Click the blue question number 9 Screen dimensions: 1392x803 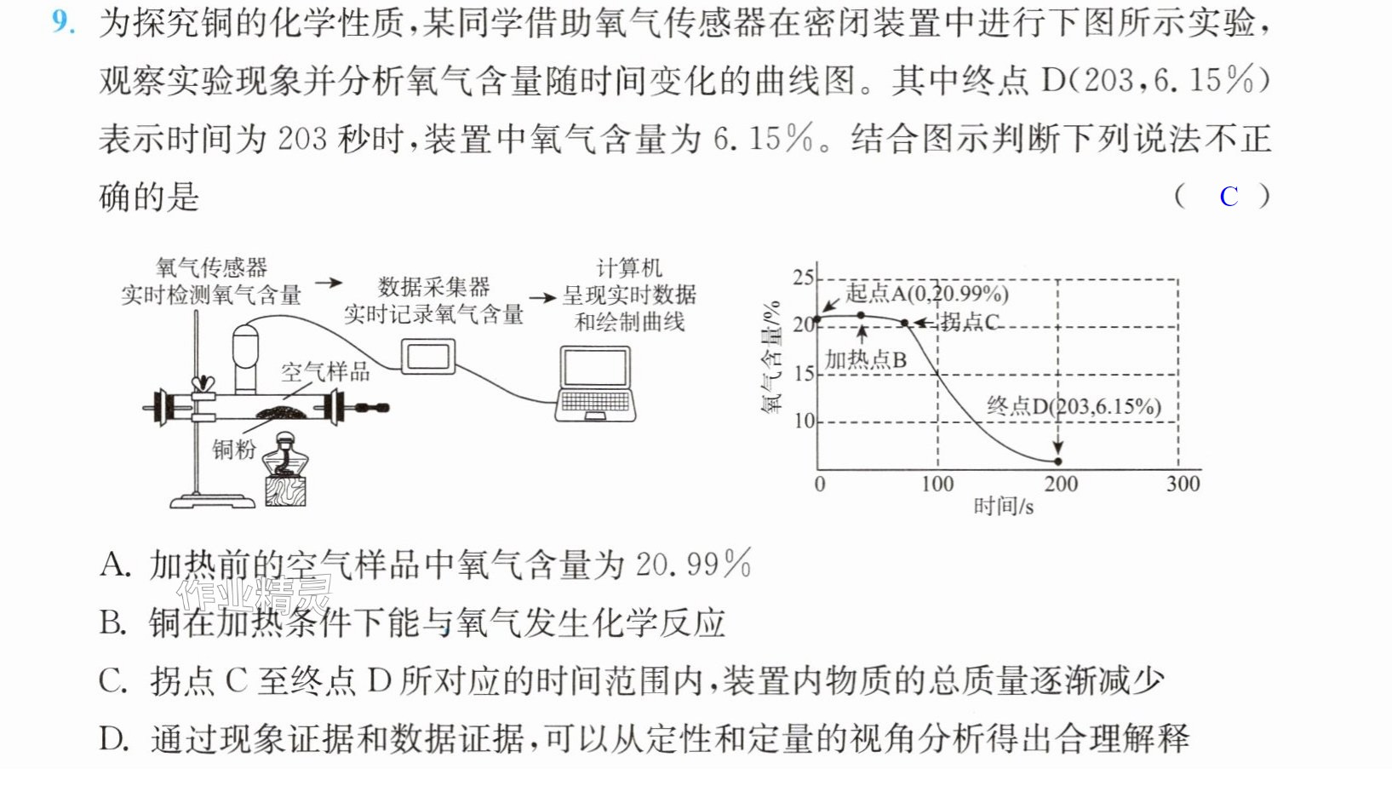pos(63,22)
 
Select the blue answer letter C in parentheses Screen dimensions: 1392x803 pos(1229,197)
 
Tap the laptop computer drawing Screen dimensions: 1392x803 pos(595,384)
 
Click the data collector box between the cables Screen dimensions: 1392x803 pos(428,356)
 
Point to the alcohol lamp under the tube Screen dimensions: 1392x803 pos(285,455)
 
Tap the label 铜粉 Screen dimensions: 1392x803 pos(233,449)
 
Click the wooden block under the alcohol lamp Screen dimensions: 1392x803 pos(285,491)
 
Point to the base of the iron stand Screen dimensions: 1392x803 pos(213,501)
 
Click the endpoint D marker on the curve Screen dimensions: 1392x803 pos(1057,462)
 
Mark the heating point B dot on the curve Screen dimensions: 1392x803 pos(861,316)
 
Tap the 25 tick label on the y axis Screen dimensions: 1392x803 pos(803,278)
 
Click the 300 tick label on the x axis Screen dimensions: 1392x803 pos(1183,484)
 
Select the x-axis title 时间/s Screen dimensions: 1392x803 pos(1003,507)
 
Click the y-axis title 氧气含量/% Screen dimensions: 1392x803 pos(770,357)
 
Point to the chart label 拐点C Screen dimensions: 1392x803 pos(970,322)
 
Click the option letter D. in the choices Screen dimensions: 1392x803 pos(114,739)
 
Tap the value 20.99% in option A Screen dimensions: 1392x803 pos(693,565)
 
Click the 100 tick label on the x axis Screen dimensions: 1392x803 pos(937,484)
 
